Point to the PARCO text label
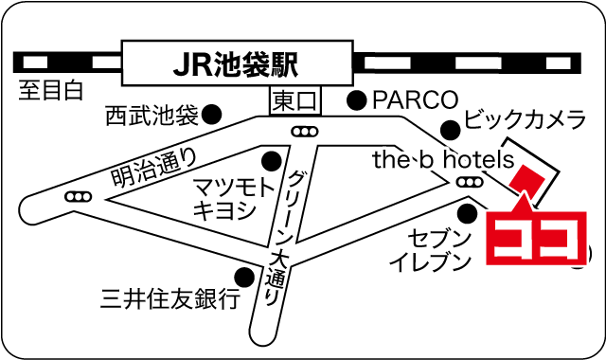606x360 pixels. tap(415, 99)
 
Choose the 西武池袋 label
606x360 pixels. tap(151, 116)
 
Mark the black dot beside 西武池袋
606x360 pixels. tap(213, 114)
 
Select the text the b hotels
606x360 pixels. tap(442, 159)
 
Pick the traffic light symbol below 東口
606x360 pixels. tap(304, 132)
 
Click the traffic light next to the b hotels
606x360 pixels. tap(468, 181)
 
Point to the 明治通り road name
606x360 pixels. tap(154, 164)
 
